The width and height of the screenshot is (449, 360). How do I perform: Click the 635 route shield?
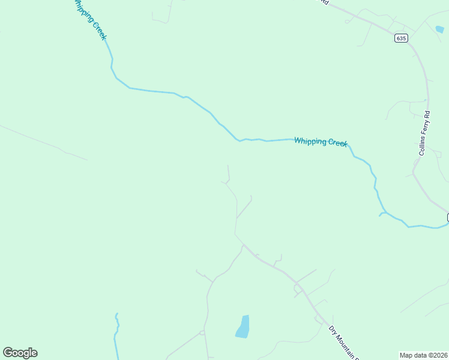click(x=401, y=38)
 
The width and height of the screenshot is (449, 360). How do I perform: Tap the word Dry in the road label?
click(x=331, y=329)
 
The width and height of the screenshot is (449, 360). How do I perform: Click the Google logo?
click(x=20, y=353)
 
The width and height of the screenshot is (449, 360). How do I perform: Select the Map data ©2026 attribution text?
click(x=424, y=355)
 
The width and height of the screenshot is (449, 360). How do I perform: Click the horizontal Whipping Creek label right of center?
click(x=321, y=142)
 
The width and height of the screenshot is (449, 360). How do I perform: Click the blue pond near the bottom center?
click(x=243, y=326)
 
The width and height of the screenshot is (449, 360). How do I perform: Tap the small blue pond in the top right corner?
click(x=440, y=29)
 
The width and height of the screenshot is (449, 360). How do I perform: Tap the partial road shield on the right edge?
click(x=447, y=217)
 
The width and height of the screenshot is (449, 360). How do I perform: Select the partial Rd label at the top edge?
click(x=324, y=2)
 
